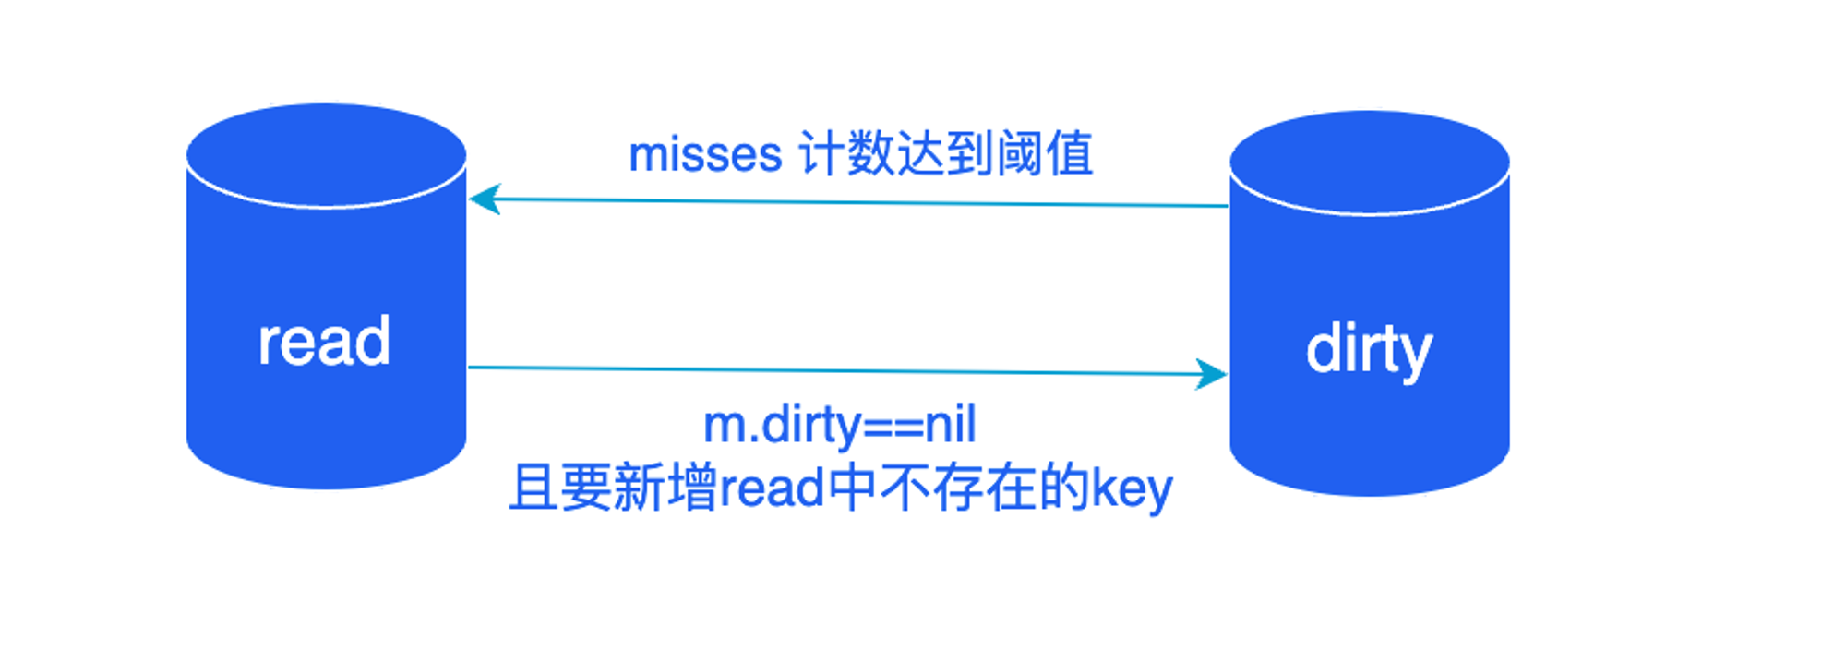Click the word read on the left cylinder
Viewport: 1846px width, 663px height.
click(x=324, y=342)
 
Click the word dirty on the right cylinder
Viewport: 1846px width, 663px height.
click(x=1369, y=350)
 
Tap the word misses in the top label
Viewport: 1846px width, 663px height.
click(x=705, y=154)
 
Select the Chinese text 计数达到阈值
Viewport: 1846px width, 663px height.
click(x=945, y=153)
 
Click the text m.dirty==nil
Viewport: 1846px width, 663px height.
click(x=839, y=425)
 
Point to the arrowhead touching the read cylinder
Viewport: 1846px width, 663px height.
click(x=484, y=199)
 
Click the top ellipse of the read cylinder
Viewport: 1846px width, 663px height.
click(x=326, y=155)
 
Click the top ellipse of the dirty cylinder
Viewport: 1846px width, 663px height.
click(x=1370, y=163)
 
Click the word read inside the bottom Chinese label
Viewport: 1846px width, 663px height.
click(x=771, y=488)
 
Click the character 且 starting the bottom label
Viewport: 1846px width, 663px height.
click(x=533, y=488)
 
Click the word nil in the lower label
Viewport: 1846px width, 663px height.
click(x=951, y=425)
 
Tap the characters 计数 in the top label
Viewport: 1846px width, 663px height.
click(x=845, y=153)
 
